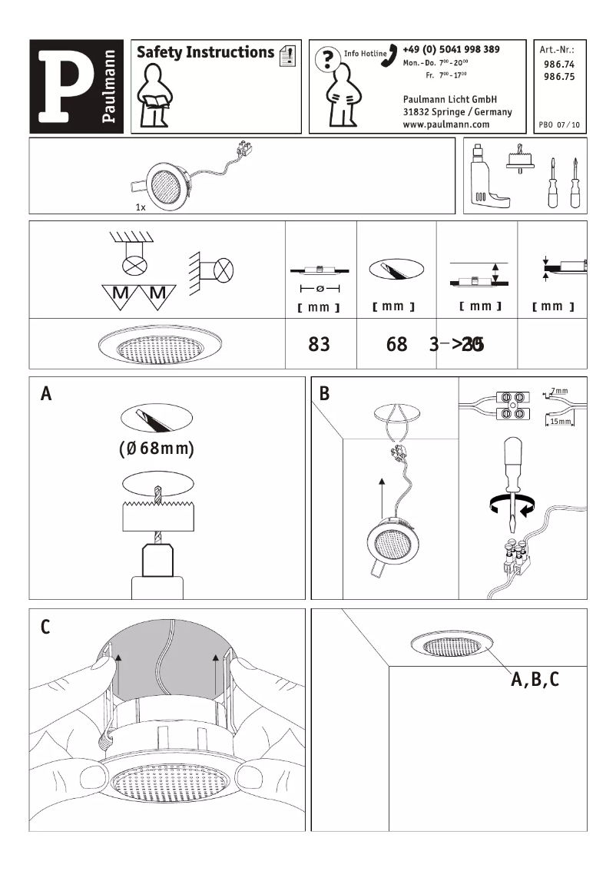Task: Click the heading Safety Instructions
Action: tap(205, 52)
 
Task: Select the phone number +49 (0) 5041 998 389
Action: tap(451, 49)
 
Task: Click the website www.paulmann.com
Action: tap(446, 124)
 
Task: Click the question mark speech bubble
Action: tap(328, 58)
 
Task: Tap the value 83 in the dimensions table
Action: tap(319, 344)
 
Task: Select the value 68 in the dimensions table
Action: tap(397, 344)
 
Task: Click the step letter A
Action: tap(47, 395)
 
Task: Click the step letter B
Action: tap(324, 395)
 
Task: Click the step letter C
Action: tap(45, 628)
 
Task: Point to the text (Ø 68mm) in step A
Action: tap(156, 448)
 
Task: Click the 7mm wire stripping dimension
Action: tap(560, 392)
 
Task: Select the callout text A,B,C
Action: tap(535, 679)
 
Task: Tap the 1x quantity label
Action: tap(141, 207)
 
